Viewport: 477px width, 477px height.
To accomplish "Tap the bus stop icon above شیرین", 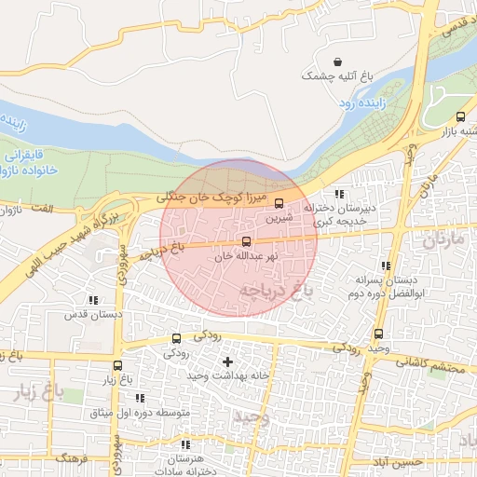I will tap(279, 204).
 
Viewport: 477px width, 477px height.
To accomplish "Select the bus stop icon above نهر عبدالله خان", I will tap(246, 242).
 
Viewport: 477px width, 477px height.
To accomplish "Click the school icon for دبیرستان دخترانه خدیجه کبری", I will tap(338, 195).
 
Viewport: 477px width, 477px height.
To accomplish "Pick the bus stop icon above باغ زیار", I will tap(117, 366).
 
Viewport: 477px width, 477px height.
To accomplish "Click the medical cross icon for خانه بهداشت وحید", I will tap(228, 361).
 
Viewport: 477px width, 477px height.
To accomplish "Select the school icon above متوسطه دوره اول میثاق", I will tap(140, 399).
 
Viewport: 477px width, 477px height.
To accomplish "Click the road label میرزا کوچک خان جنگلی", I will tap(215, 197).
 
